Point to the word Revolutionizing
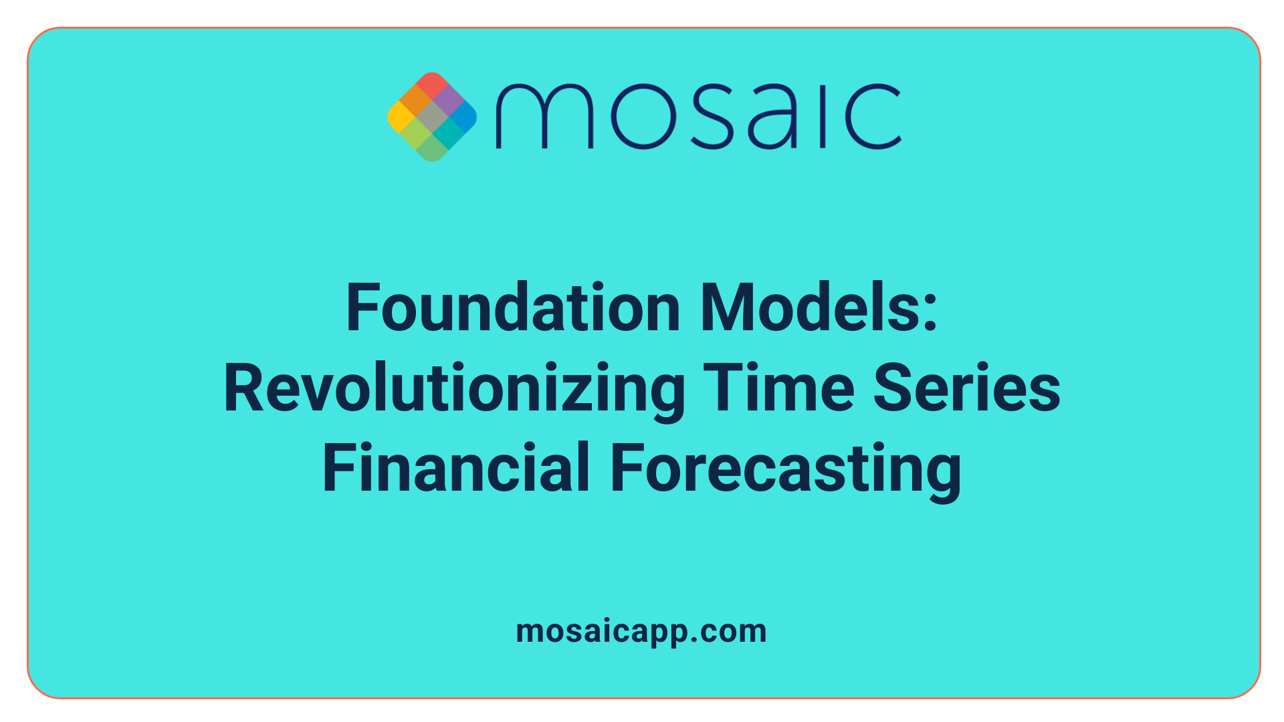click(x=454, y=389)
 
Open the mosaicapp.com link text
click(x=641, y=632)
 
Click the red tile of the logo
click(x=431, y=84)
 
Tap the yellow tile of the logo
click(x=400, y=116)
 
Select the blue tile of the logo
click(x=463, y=116)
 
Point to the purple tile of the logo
click(x=447, y=100)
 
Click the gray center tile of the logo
click(x=431, y=117)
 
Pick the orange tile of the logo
click(x=415, y=100)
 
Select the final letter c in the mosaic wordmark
click(x=872, y=116)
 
